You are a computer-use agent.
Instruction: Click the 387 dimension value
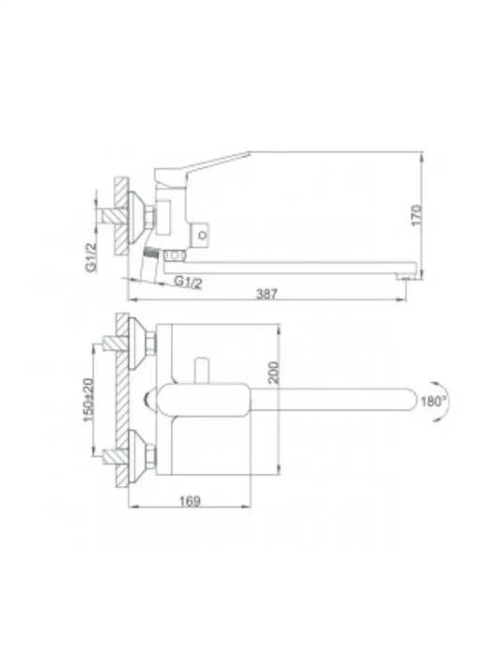pyautogui.click(x=267, y=294)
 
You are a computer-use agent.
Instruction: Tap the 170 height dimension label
pyautogui.click(x=417, y=215)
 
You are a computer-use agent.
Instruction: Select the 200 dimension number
pyautogui.click(x=273, y=372)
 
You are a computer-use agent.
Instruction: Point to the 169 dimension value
pyautogui.click(x=190, y=500)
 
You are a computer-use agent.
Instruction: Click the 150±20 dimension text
pyautogui.click(x=88, y=400)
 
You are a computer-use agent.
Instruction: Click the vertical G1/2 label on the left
pyautogui.click(x=91, y=257)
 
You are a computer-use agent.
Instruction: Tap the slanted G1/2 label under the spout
pyautogui.click(x=188, y=282)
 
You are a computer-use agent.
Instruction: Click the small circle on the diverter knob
pyautogui.click(x=203, y=235)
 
